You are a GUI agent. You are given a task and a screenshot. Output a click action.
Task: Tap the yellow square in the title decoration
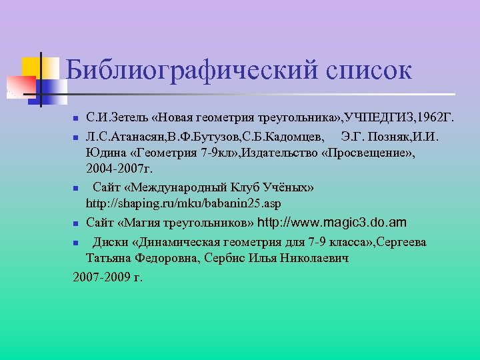(33, 67)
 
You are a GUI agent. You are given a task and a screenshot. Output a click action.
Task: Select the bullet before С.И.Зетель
(76, 119)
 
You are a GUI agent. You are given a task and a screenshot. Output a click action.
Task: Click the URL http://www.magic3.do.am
(331, 222)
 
